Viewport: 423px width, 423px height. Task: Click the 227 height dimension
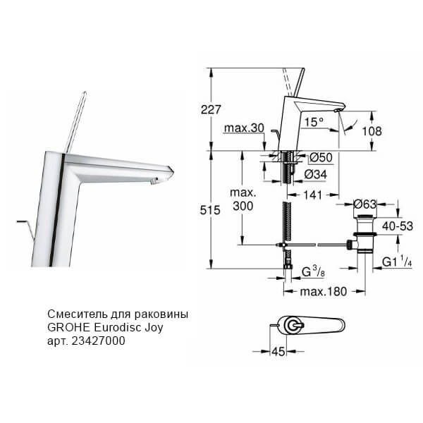211,109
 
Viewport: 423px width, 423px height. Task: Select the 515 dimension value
211,209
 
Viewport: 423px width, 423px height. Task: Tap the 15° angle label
313,122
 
